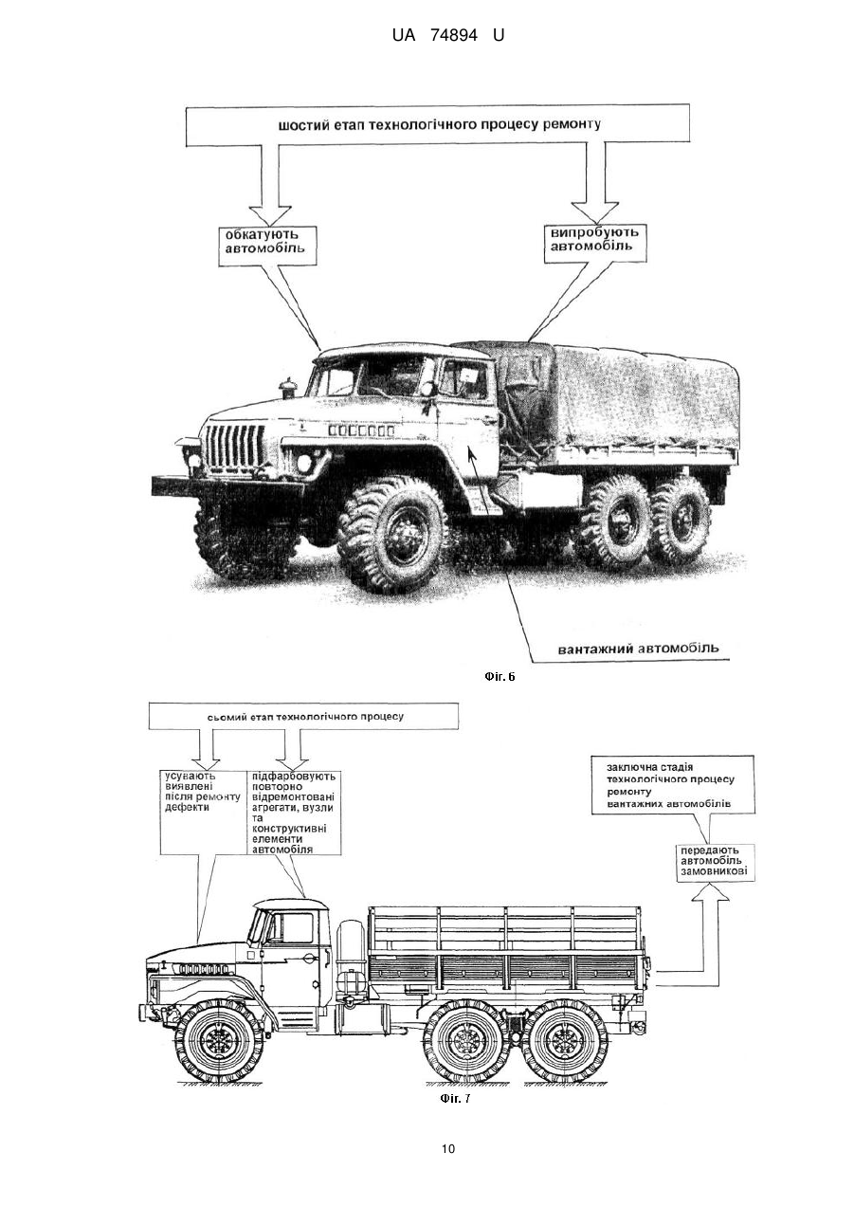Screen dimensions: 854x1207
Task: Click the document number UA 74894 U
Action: tap(447, 36)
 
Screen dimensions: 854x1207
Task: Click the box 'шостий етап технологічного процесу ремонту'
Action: tap(438, 125)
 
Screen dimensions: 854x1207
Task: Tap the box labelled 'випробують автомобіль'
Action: tap(595, 243)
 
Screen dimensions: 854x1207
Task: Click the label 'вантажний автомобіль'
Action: tap(638, 648)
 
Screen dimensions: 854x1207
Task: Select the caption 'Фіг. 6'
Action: tap(500, 676)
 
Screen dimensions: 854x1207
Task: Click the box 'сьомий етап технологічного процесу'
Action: tap(304, 717)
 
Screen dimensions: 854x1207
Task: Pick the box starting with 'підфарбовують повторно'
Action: tap(294, 813)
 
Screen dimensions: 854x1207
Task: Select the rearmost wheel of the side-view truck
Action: tap(565, 1038)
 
